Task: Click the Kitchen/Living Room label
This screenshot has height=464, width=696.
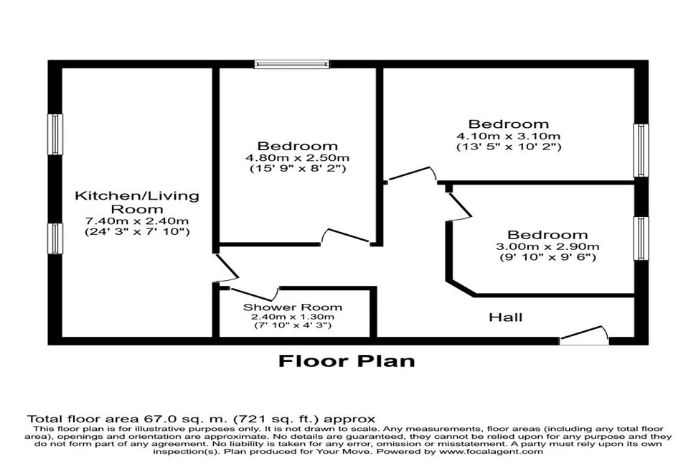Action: tap(137, 203)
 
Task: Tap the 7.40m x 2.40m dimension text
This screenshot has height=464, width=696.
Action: tap(137, 221)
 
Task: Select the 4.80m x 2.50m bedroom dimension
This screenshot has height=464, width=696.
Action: tap(297, 158)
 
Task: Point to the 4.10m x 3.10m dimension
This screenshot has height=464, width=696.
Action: tap(509, 136)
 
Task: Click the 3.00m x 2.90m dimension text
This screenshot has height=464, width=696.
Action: tap(547, 246)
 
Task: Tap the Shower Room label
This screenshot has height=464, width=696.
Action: tap(293, 307)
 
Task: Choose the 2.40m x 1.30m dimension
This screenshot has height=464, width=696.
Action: tap(293, 317)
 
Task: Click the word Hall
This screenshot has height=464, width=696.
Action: tap(506, 317)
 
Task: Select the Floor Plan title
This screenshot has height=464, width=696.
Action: tap(347, 361)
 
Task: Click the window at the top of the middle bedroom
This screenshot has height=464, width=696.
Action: tap(292, 65)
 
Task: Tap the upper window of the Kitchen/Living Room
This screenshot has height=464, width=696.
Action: tap(55, 134)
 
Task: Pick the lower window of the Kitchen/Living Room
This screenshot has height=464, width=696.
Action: tap(55, 238)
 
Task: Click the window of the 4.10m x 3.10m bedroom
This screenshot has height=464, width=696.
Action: tap(641, 150)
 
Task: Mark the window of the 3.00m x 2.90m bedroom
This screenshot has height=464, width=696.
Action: tap(641, 238)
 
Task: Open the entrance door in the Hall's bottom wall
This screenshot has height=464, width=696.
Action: tap(584, 336)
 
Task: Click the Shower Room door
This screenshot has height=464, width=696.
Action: tap(254, 294)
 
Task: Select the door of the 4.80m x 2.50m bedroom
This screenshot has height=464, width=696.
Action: tap(345, 236)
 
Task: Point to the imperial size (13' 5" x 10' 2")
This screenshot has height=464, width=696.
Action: tap(509, 147)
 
